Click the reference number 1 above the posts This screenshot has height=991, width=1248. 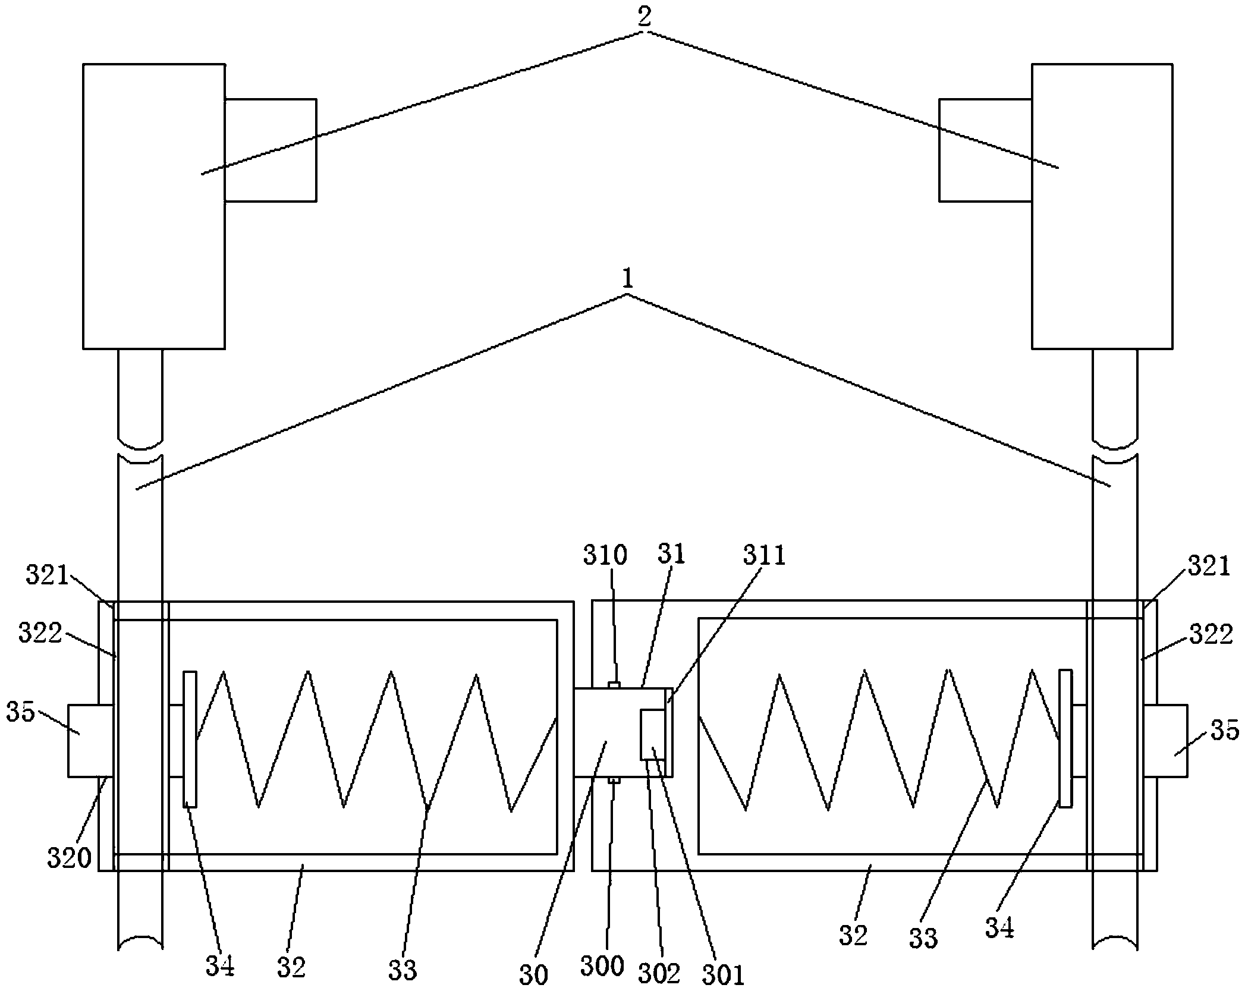tap(628, 279)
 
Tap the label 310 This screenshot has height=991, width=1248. tap(605, 555)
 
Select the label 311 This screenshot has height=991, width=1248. tap(764, 555)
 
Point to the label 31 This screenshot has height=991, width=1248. tap(672, 553)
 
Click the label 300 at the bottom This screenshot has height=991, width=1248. tap(602, 966)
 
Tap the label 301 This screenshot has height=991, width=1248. tap(723, 976)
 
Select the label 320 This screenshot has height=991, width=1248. tap(70, 858)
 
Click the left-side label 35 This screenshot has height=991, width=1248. tap(21, 711)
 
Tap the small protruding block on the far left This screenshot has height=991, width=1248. tap(90, 740)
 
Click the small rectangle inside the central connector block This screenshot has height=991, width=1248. tap(652, 735)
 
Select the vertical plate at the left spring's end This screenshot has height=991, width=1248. tap(190, 739)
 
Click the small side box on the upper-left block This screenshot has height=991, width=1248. tap(271, 150)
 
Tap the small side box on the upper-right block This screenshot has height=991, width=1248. tap(985, 150)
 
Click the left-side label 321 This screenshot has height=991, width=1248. tap(48, 575)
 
